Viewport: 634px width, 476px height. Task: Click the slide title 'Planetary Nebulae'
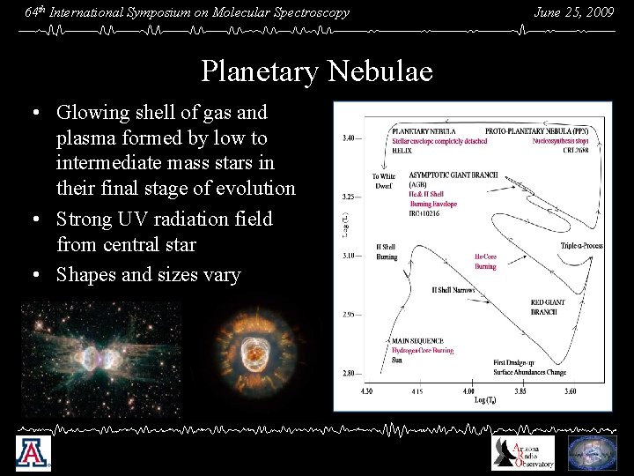pyautogui.click(x=316, y=71)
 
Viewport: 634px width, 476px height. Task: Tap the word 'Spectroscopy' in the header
pyautogui.click(x=309, y=12)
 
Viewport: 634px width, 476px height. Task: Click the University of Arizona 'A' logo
pyautogui.click(x=33, y=454)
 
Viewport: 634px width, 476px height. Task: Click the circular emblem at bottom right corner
pyautogui.click(x=592, y=453)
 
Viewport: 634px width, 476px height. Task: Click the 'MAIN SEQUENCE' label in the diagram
pyautogui.click(x=417, y=340)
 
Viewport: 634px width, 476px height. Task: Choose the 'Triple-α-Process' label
pyautogui.click(x=581, y=246)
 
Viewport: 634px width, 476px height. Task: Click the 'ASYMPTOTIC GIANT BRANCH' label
pyautogui.click(x=453, y=175)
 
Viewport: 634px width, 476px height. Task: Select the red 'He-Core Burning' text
pyautogui.click(x=485, y=262)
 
